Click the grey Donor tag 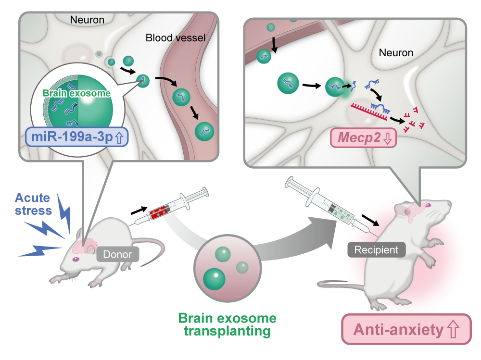118,254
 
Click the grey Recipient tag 377,249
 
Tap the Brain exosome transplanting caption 228,324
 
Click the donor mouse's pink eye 76,260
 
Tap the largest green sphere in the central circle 215,278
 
